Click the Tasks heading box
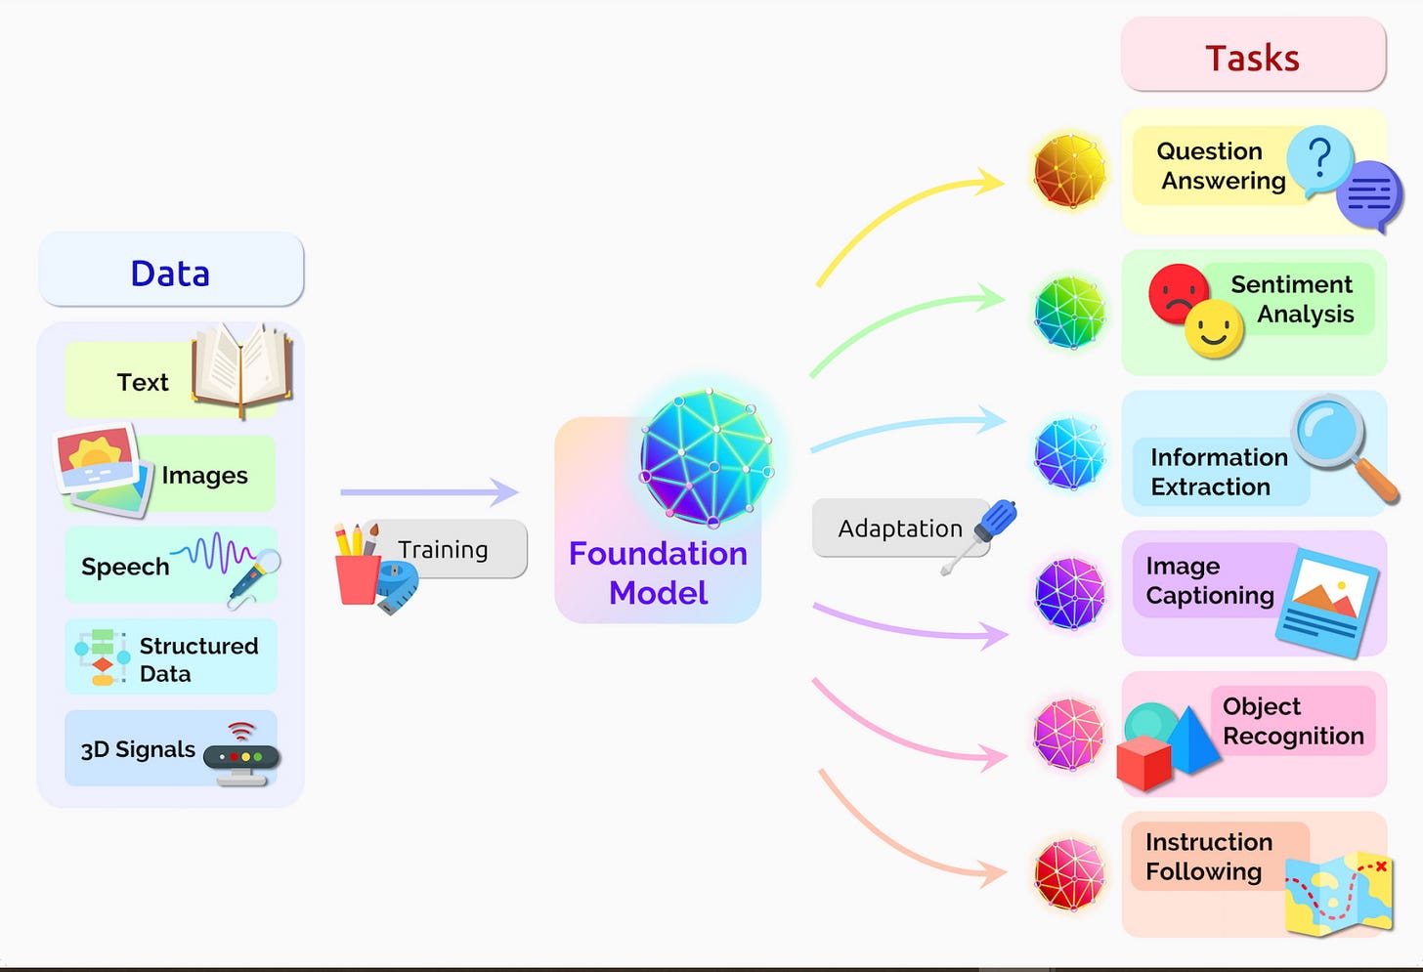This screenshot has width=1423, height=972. tap(1252, 57)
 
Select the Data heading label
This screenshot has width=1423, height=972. tap(170, 273)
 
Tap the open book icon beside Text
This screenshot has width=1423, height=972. tap(242, 367)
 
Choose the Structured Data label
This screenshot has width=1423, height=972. tap(198, 659)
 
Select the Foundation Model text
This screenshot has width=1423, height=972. tap(658, 572)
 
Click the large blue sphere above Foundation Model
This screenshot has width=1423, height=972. tap(707, 457)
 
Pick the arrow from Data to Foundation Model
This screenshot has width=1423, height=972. tap(429, 491)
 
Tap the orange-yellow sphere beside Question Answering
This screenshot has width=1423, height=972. tap(1070, 172)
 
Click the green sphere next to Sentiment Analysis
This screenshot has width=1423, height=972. tap(1070, 313)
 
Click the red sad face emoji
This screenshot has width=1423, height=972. tap(1178, 292)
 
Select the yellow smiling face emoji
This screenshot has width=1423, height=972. tap(1214, 329)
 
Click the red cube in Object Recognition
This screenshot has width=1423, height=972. tap(1144, 762)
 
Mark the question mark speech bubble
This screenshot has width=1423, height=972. tap(1319, 159)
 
